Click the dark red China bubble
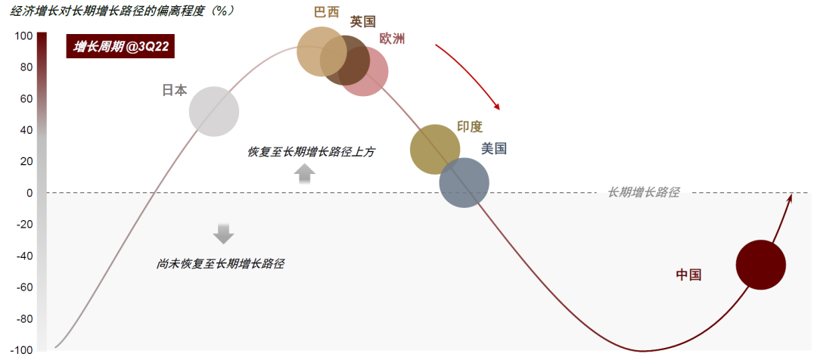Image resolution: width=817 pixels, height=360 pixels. point(760,265)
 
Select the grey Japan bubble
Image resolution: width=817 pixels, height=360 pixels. point(213,112)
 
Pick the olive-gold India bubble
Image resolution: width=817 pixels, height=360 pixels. point(434,149)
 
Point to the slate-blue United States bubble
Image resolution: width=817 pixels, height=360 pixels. point(464,182)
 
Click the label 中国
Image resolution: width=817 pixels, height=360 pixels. point(688,275)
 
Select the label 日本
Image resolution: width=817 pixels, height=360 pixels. point(175,90)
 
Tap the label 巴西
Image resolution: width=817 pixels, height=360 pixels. point(327,13)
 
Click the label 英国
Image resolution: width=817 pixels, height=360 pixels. point(363,22)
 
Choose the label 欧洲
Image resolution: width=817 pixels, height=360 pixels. point(392,39)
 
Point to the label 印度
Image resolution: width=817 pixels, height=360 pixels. point(470,126)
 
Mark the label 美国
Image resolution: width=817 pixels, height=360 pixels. point(494,149)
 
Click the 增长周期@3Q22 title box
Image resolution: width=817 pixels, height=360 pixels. point(121,48)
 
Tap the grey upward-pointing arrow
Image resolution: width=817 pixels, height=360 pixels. point(304,174)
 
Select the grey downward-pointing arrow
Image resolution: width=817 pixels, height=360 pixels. point(223,233)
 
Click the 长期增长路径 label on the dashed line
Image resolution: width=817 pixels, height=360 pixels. point(643,193)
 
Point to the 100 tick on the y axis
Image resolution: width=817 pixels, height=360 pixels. point(23,36)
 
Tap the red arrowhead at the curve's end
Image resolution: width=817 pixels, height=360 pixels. point(790,198)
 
